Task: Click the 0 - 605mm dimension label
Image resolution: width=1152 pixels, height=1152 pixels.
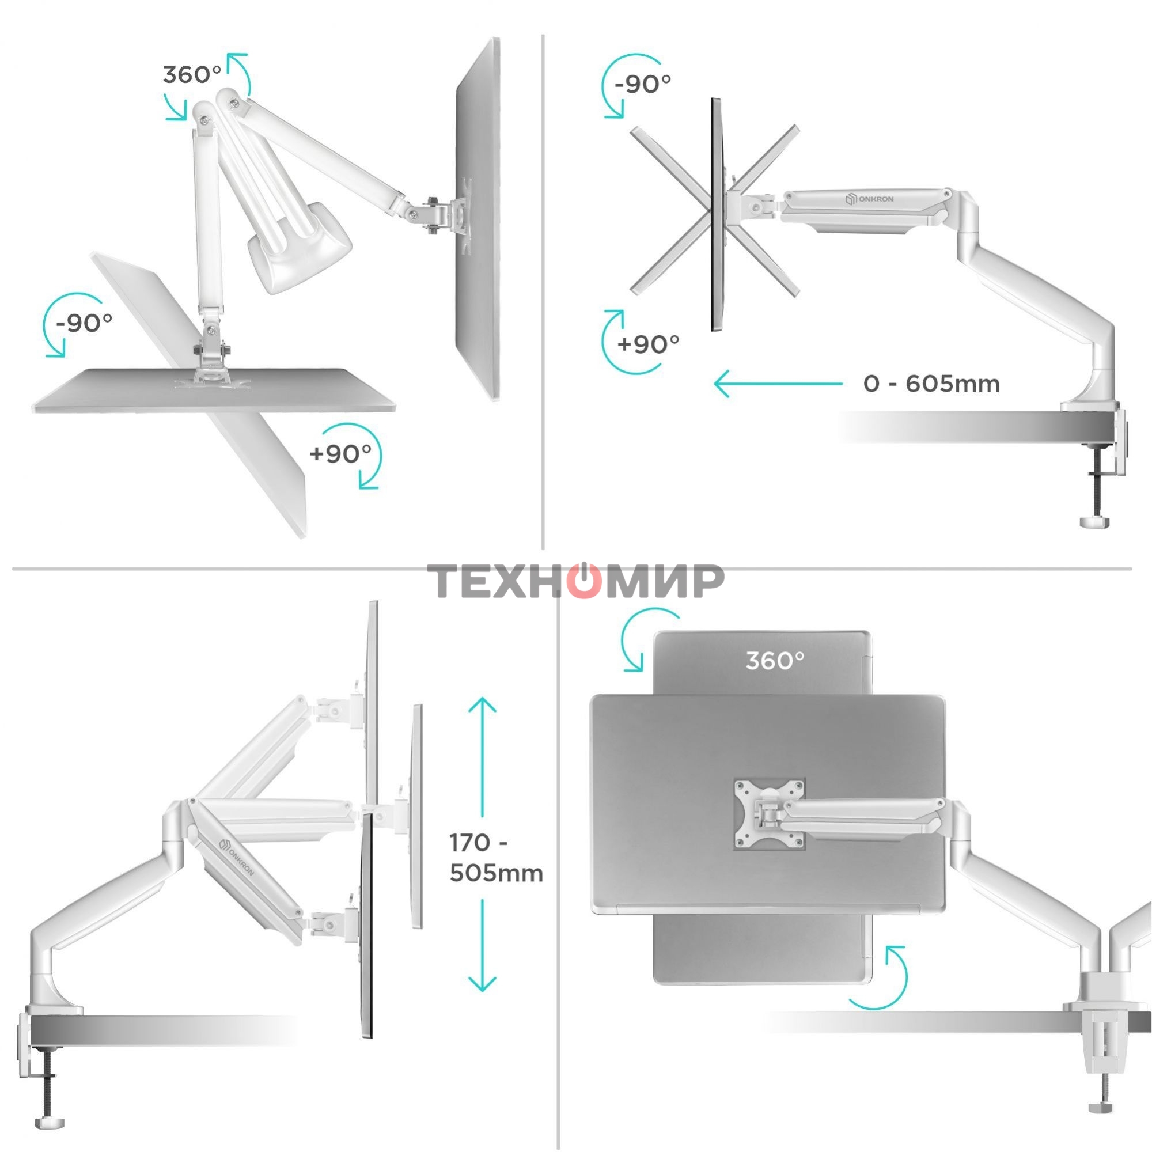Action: pyautogui.click(x=931, y=384)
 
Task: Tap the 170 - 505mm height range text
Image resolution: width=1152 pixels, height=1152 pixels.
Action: pyautogui.click(x=496, y=858)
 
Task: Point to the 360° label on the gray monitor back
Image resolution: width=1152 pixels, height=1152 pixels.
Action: pyautogui.click(x=775, y=661)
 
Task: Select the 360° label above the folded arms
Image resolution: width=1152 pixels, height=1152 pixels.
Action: pyautogui.click(x=192, y=75)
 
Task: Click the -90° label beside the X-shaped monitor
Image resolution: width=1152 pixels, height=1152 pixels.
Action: pyautogui.click(x=642, y=84)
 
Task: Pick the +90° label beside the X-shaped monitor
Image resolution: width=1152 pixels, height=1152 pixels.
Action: pyautogui.click(x=648, y=344)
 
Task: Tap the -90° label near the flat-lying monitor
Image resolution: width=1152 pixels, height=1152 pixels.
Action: pyautogui.click(x=84, y=323)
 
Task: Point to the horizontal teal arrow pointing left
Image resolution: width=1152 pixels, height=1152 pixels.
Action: pyautogui.click(x=778, y=384)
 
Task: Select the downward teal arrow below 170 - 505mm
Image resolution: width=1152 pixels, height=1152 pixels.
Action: pyautogui.click(x=482, y=945)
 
